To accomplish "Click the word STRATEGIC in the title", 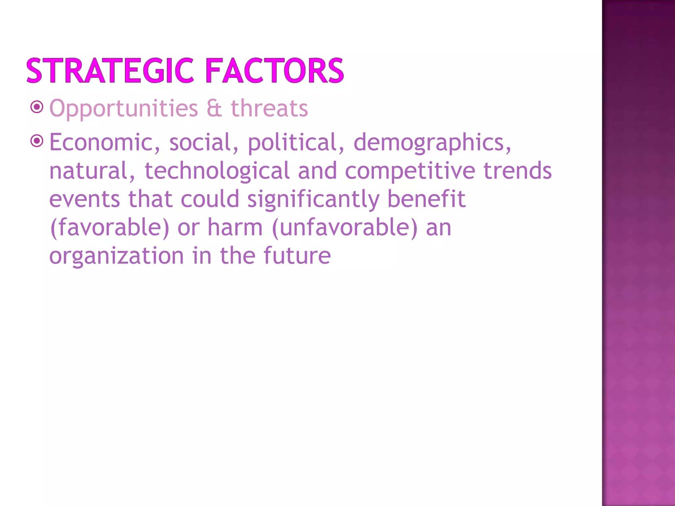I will tap(110, 70).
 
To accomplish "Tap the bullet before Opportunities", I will tap(37, 107).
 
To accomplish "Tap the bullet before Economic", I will tap(37, 141).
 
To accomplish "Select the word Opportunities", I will tap(124, 109).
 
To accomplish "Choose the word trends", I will tap(517, 171).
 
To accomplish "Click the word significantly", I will tap(313, 200).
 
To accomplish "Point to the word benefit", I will tap(426, 199).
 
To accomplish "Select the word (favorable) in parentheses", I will tap(109, 228).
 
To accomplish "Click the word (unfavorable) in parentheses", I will tap(345, 228).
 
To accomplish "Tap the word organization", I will tap(116, 256).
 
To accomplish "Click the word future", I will tap(297, 256).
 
